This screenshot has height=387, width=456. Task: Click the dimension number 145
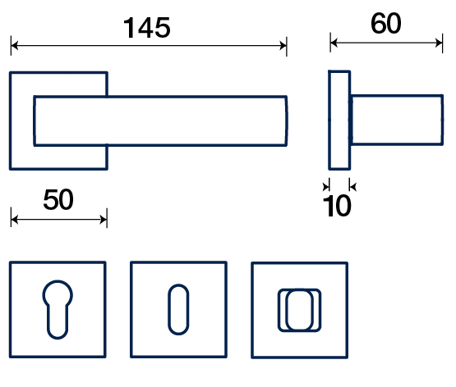147,28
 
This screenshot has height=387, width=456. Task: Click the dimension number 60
386,23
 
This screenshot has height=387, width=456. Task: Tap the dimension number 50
58,199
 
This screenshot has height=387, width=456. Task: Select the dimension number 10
338,206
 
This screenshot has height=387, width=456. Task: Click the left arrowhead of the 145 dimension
15,46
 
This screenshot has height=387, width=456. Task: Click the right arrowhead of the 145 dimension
283,46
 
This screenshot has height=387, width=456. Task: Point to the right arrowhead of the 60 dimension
439,43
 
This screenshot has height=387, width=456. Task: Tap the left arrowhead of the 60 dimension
334,43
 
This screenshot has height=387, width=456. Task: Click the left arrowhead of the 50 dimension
15,219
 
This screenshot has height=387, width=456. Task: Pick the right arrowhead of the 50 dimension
104,219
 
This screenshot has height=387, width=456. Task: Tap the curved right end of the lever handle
286,121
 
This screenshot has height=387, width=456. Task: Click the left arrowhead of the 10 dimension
326,186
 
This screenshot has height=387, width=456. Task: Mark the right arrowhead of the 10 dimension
352,186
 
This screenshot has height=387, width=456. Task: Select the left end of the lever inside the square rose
35,121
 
